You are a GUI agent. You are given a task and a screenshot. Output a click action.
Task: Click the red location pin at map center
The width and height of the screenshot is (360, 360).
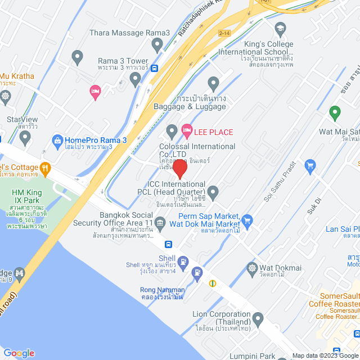coord(179,169)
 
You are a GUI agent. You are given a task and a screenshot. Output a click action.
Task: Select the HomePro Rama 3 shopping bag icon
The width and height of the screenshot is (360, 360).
coord(57,139)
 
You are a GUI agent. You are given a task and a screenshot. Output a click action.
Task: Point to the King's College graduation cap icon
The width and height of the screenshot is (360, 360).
coord(280,28)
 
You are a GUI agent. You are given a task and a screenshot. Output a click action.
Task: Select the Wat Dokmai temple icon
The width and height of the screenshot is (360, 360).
coord(252,267)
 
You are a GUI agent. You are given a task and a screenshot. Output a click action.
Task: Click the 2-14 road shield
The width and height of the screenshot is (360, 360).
coord(224,34)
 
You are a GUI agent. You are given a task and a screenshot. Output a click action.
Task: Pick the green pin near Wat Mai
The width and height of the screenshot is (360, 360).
coord(334,113)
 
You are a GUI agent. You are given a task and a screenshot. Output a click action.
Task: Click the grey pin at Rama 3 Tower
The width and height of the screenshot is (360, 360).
coord(134,79)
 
